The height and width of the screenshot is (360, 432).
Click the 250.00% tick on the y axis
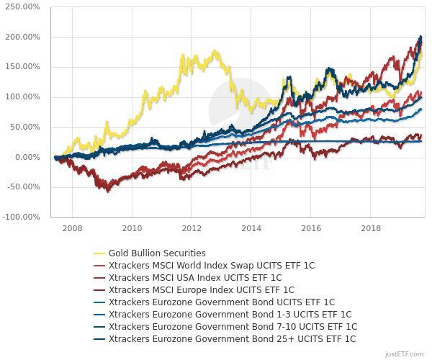[x=25, y=7]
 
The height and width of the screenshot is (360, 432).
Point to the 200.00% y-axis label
[x=25, y=37]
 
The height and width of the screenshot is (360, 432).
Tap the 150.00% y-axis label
[x=25, y=67]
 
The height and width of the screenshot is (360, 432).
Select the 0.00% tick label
[x=29, y=157]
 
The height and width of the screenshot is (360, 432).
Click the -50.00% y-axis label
[x=25, y=187]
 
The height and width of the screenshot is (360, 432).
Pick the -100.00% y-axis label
[x=24, y=217]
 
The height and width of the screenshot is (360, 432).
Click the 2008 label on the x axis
[x=72, y=228]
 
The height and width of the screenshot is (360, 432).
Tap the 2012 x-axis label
[x=192, y=228]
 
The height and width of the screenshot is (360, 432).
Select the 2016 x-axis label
[x=311, y=228]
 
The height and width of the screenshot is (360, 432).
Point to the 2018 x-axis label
[x=371, y=228]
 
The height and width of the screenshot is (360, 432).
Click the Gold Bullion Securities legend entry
[x=157, y=253]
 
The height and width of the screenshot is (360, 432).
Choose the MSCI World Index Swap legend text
[x=211, y=265]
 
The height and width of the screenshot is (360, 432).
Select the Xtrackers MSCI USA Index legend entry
[x=194, y=277]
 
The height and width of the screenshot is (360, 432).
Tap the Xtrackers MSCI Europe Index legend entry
[x=201, y=289]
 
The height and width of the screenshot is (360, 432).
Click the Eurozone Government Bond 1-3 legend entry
[x=230, y=314]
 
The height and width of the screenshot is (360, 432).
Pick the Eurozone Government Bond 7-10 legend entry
[x=232, y=326]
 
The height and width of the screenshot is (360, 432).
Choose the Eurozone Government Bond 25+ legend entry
[x=232, y=338]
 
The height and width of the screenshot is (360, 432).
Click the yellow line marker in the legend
[x=99, y=253]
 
